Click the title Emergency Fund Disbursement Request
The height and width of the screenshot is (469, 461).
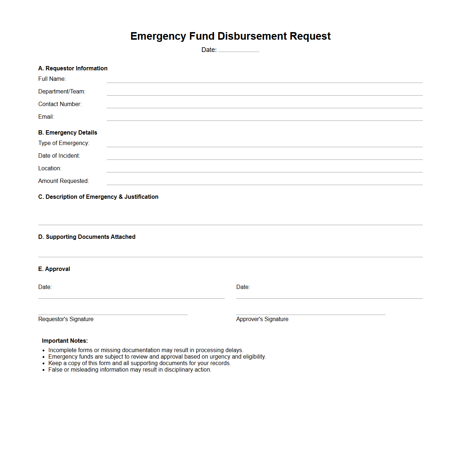tap(230, 36)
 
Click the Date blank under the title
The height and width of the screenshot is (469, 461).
tap(238, 50)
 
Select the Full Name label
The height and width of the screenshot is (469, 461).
tap(52, 79)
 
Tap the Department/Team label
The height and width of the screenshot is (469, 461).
tap(62, 92)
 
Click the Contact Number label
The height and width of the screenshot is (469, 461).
tap(60, 104)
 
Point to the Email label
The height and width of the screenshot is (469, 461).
tap(46, 117)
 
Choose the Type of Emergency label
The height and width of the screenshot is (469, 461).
tap(64, 143)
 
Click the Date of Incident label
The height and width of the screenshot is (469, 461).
tap(59, 156)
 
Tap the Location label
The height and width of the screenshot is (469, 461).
tap(50, 168)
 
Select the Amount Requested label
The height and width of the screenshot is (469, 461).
tap(63, 181)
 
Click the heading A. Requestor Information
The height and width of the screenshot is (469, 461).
tap(73, 69)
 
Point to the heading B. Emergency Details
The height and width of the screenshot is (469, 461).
tap(67, 133)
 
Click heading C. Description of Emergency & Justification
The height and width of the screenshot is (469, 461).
tap(98, 197)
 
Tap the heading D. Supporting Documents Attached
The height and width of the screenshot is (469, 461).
tap(87, 237)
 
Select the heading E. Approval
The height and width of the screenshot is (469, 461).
tap(54, 269)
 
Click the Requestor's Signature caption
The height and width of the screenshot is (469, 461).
tap(66, 319)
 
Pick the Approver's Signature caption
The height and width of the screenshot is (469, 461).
tap(262, 319)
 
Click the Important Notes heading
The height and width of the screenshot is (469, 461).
tap(65, 341)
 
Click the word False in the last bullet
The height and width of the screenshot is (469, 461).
tap(55, 370)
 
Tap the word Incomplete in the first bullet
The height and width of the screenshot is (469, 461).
tap(62, 350)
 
